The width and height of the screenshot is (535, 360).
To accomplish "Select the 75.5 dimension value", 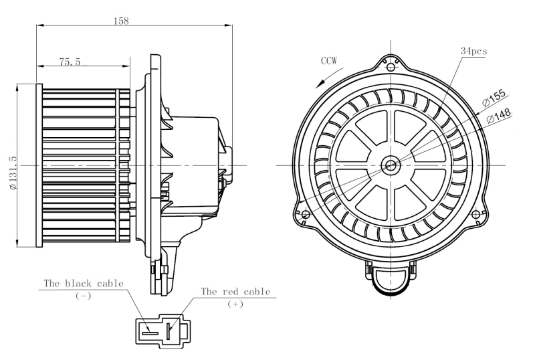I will [x=70, y=62].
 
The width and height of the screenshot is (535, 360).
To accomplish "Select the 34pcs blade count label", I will [x=473, y=51].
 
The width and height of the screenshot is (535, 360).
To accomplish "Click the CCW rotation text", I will [x=328, y=61].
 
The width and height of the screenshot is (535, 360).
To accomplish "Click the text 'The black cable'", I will [x=84, y=283].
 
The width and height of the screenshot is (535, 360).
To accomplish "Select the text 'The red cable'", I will [x=235, y=292].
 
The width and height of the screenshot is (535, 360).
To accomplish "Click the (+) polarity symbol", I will [x=235, y=304].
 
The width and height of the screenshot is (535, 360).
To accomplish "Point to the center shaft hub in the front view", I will [x=390, y=164].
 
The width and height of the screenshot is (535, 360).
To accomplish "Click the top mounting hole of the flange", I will [x=390, y=66].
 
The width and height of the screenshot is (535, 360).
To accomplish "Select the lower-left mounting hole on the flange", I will [x=306, y=214].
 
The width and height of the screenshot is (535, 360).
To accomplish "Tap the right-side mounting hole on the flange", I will [x=475, y=214].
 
